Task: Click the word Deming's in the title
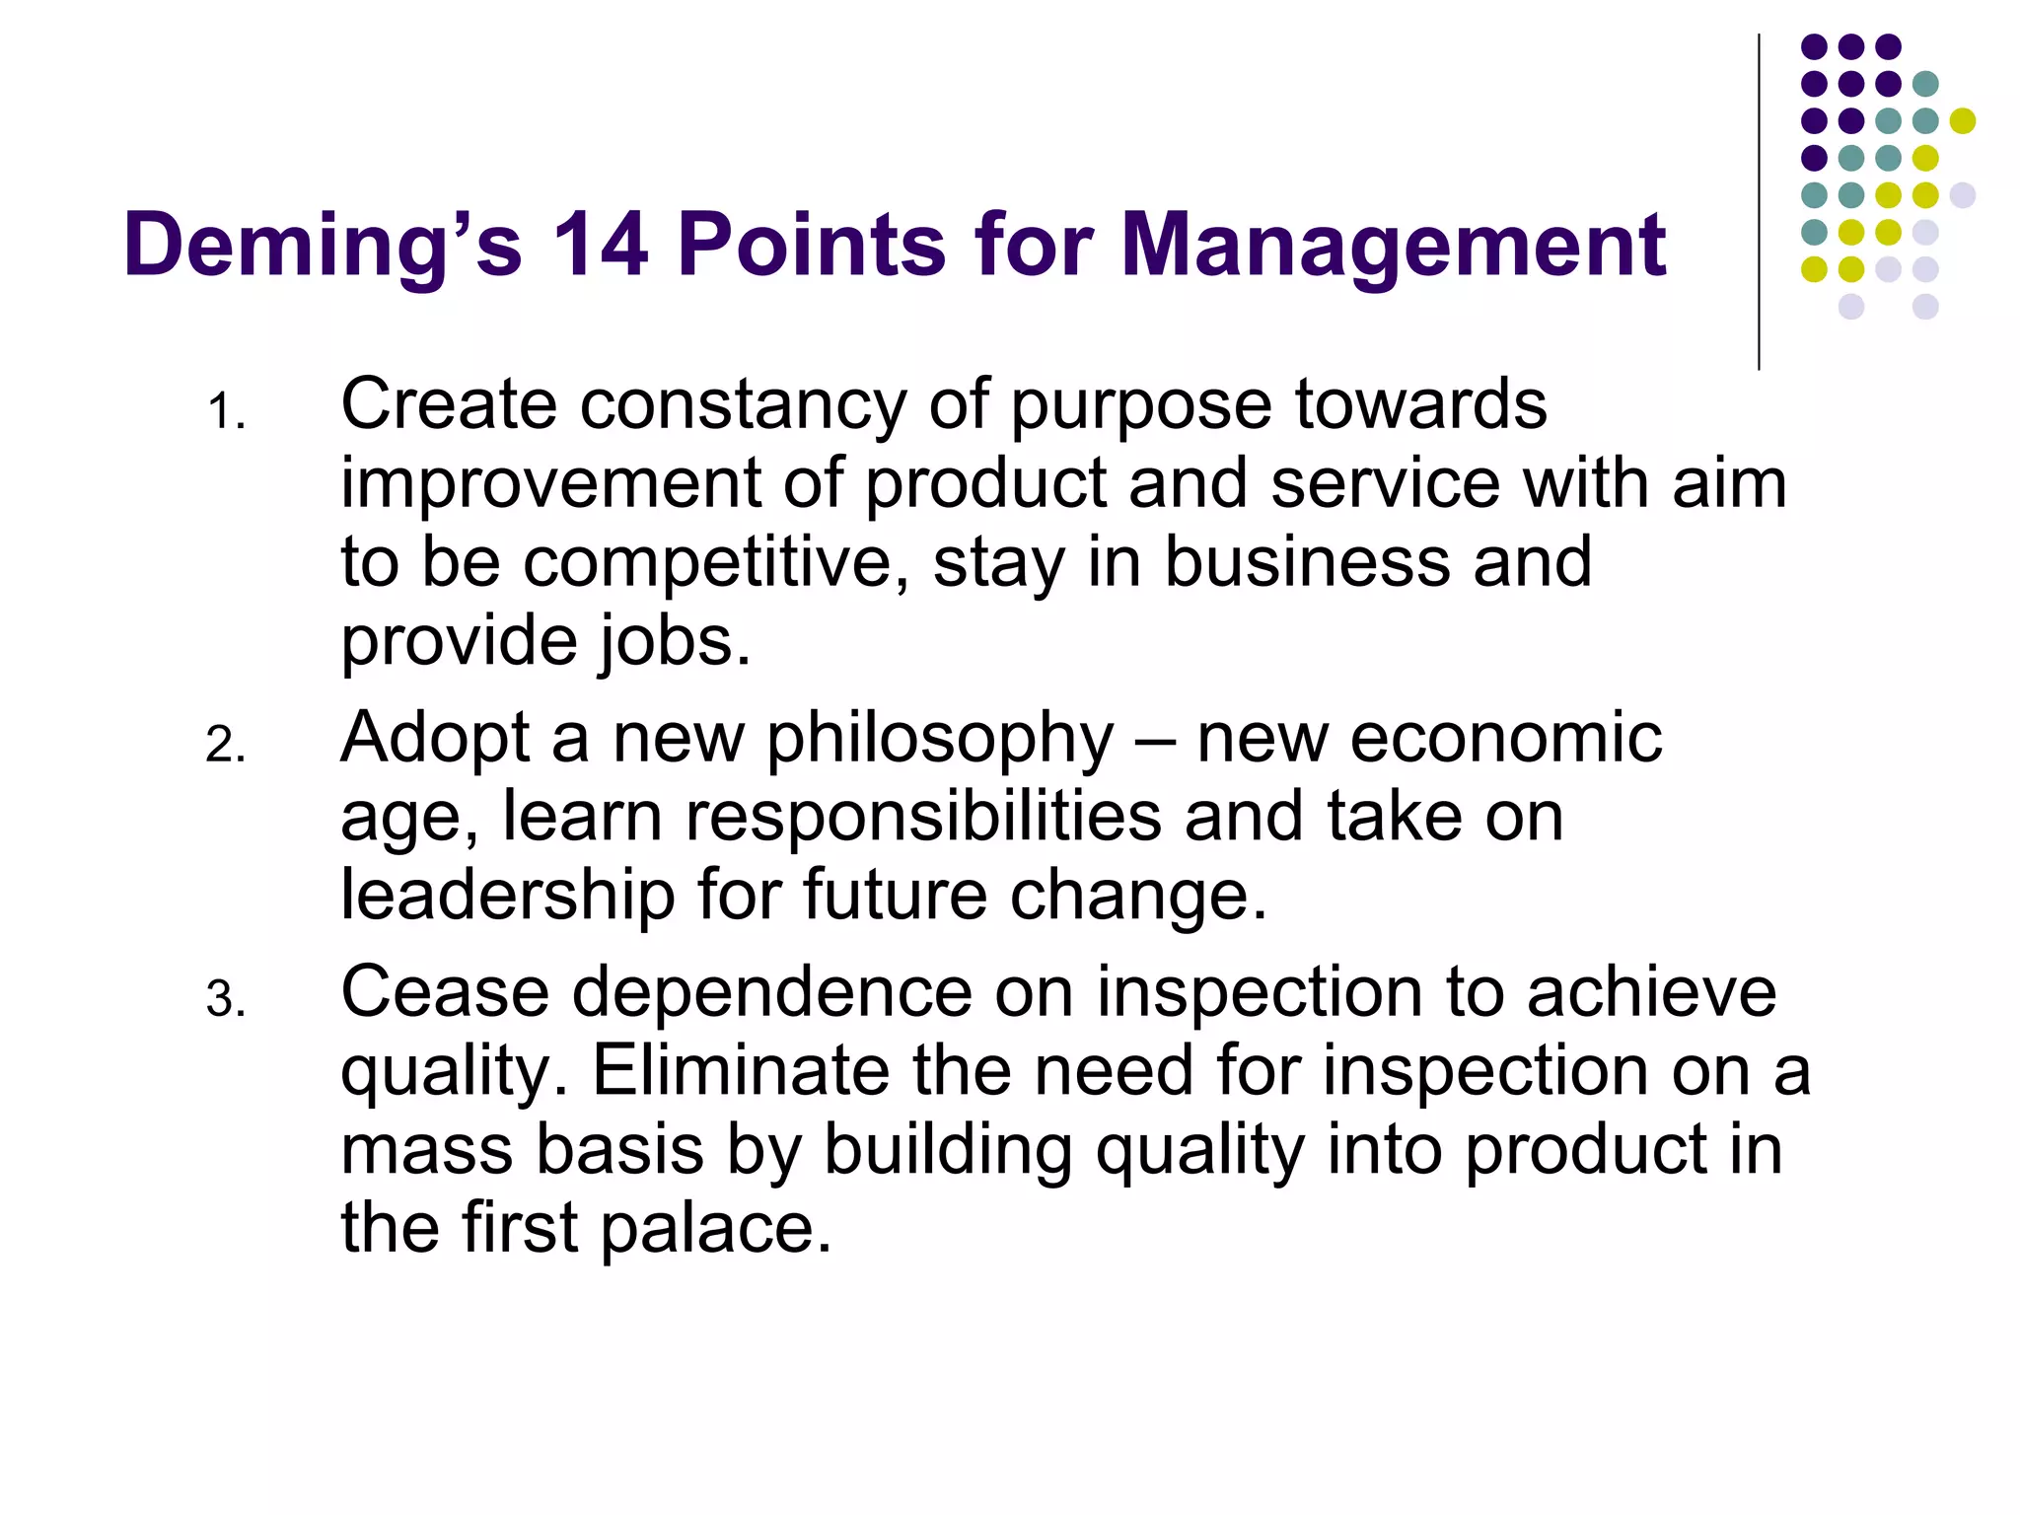click(x=322, y=247)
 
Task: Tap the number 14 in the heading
click(x=600, y=245)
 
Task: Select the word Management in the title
click(x=1393, y=247)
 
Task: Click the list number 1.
click(x=225, y=412)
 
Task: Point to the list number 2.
click(x=225, y=745)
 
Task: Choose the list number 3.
click(x=225, y=999)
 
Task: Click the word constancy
click(x=742, y=406)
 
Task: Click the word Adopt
click(x=435, y=740)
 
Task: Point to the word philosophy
click(x=940, y=740)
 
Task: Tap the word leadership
click(x=507, y=895)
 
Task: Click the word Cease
click(x=445, y=992)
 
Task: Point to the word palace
click(x=715, y=1229)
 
